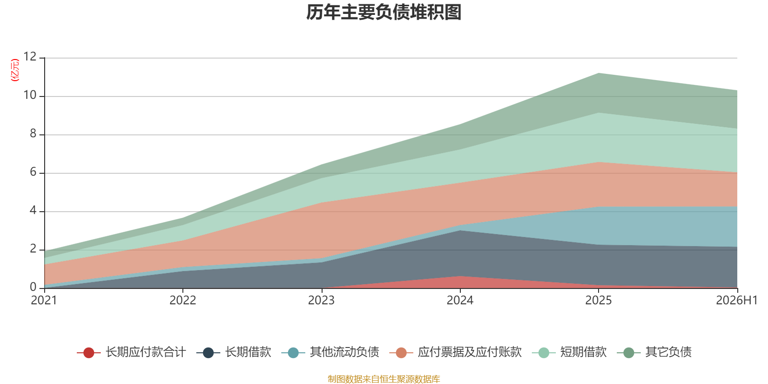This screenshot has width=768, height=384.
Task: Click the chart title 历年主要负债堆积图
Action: (384, 12)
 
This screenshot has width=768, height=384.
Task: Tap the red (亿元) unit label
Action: (15, 70)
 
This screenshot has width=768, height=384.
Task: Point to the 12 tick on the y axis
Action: (30, 57)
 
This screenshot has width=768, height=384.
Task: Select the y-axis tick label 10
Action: (30, 95)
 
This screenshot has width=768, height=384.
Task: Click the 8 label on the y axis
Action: (33, 133)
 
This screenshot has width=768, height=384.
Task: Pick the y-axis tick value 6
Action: (33, 172)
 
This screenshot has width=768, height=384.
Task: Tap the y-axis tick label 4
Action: (33, 210)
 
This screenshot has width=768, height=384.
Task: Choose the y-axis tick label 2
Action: (33, 249)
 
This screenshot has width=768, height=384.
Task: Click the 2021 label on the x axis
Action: (44, 300)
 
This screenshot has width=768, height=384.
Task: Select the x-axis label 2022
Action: (183, 300)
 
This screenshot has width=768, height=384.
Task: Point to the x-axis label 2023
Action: (321, 300)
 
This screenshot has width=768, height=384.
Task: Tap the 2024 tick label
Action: (460, 300)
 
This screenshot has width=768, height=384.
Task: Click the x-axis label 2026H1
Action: (737, 300)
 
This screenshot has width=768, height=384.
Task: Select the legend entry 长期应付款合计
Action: (132, 352)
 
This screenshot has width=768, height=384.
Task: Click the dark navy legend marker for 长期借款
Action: (208, 352)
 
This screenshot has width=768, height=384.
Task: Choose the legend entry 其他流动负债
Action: (330, 352)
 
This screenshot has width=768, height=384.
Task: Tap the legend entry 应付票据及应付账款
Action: (456, 352)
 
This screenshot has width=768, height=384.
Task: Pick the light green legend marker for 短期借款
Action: (544, 352)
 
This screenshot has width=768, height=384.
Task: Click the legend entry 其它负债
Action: (654, 352)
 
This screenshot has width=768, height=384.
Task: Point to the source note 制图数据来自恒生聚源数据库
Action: (384, 379)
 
